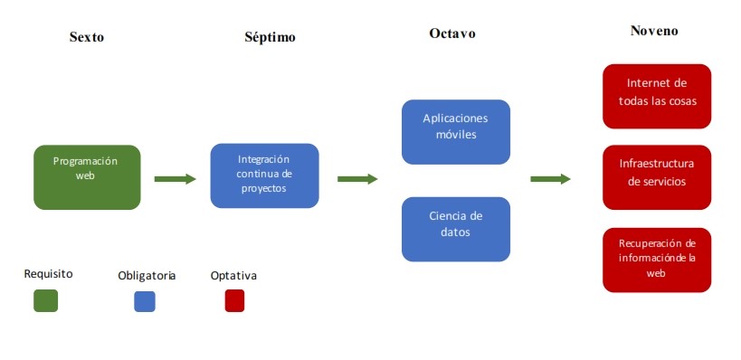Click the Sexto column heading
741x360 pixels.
point(87,37)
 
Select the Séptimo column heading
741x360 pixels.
point(270,37)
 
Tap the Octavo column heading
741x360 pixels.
point(452,33)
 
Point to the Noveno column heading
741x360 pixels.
point(654,31)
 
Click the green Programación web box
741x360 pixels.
point(87,177)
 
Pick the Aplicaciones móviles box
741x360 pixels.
point(456,132)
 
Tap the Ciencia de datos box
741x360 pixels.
point(456,230)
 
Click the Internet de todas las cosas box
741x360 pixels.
point(657,97)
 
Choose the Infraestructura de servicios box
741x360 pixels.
point(657,177)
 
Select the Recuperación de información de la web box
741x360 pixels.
point(657,260)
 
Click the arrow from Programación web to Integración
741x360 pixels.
point(176,179)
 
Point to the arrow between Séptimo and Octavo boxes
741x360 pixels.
point(357,179)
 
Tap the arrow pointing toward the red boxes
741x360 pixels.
point(550,179)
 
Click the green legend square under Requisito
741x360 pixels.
point(45,300)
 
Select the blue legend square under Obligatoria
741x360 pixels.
point(145,300)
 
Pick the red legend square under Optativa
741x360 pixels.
point(234,300)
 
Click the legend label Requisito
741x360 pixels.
point(48,272)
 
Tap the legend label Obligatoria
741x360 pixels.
point(147,274)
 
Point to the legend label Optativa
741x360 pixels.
point(233,274)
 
